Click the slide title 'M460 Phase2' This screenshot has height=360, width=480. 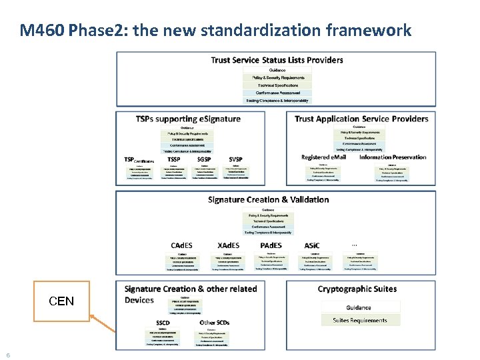pyautogui.click(x=215, y=30)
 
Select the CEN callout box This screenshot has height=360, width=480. pyautogui.click(x=61, y=301)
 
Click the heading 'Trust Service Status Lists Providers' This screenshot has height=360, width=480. pyautogui.click(x=277, y=60)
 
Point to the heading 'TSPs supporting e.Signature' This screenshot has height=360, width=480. pyautogui.click(x=188, y=119)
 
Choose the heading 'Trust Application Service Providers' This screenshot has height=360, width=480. pyautogui.click(x=361, y=119)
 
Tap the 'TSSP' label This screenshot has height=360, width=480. pyautogui.click(x=174, y=160)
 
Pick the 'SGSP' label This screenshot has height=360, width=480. pyautogui.click(x=204, y=160)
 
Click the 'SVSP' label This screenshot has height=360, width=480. pyautogui.click(x=235, y=160)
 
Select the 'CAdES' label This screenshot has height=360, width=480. pyautogui.click(x=183, y=245)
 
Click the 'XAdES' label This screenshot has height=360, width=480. pyautogui.click(x=229, y=245)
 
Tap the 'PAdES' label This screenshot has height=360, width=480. pyautogui.click(x=271, y=245)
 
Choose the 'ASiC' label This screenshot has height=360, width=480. pyautogui.click(x=311, y=245)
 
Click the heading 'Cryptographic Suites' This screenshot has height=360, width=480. pyautogui.click(x=357, y=289)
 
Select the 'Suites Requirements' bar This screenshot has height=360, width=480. pyautogui.click(x=360, y=320)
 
